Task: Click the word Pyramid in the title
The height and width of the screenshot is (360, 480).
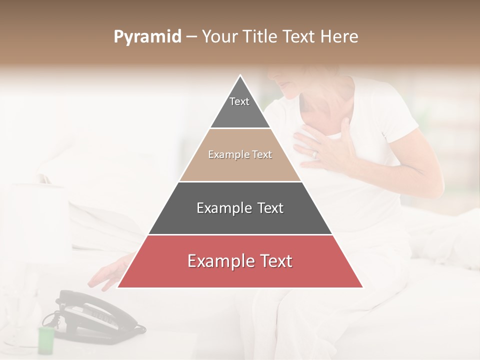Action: [x=147, y=37]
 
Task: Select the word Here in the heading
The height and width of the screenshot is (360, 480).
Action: [x=340, y=37]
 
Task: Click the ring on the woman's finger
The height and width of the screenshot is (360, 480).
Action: [x=315, y=154]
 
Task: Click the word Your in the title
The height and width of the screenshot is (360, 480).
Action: [x=220, y=37]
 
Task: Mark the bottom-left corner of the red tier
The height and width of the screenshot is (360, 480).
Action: [x=118, y=287]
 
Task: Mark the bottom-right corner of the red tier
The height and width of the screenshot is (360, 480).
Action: [x=362, y=287]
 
